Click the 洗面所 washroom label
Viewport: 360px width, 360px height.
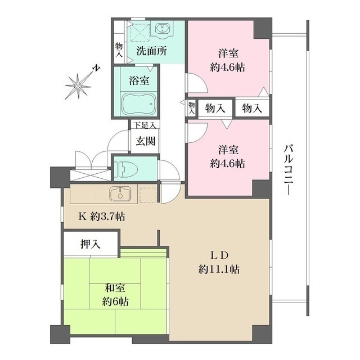tap(151, 51)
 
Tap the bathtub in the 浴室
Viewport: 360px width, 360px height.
tap(139, 103)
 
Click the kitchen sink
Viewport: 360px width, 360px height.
tap(120, 194)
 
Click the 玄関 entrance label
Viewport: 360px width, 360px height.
tap(145, 141)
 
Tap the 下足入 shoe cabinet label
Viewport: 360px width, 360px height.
tap(145, 125)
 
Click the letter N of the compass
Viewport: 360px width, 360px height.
tap(97, 69)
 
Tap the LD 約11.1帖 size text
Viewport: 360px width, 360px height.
tap(219, 269)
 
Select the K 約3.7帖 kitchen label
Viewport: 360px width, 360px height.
tap(102, 216)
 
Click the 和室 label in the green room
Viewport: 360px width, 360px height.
tap(115, 288)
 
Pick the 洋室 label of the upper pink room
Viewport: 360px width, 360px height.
tap(228, 53)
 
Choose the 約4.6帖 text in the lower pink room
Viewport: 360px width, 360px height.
tap(227, 164)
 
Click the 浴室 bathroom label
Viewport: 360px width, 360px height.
tap(139, 81)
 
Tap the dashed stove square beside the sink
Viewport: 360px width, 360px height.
tap(148, 195)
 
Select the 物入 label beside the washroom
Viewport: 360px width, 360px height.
tap(119, 50)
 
